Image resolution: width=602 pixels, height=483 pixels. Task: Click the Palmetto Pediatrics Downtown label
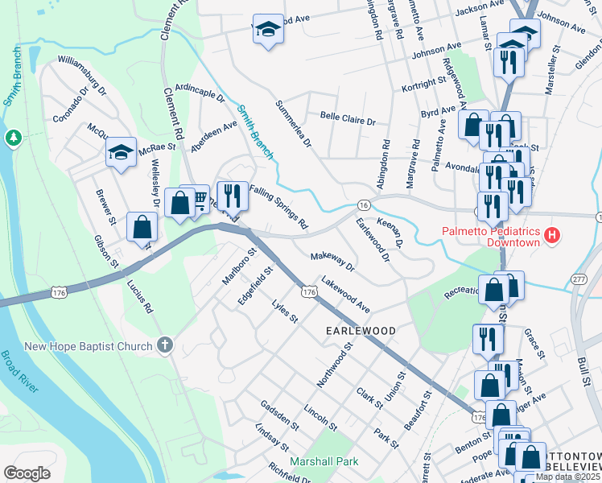(491, 236)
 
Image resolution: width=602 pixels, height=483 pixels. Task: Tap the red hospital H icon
(552, 236)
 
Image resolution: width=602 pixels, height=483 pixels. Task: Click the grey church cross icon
(165, 346)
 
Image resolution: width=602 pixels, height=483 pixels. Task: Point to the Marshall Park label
(325, 461)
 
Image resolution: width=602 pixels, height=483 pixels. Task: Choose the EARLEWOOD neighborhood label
(361, 331)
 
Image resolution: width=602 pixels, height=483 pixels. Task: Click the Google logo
(27, 473)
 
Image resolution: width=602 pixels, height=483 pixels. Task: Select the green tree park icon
(13, 138)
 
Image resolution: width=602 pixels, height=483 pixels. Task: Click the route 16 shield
(365, 206)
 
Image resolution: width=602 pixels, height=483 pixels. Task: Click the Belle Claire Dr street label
(348, 119)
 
